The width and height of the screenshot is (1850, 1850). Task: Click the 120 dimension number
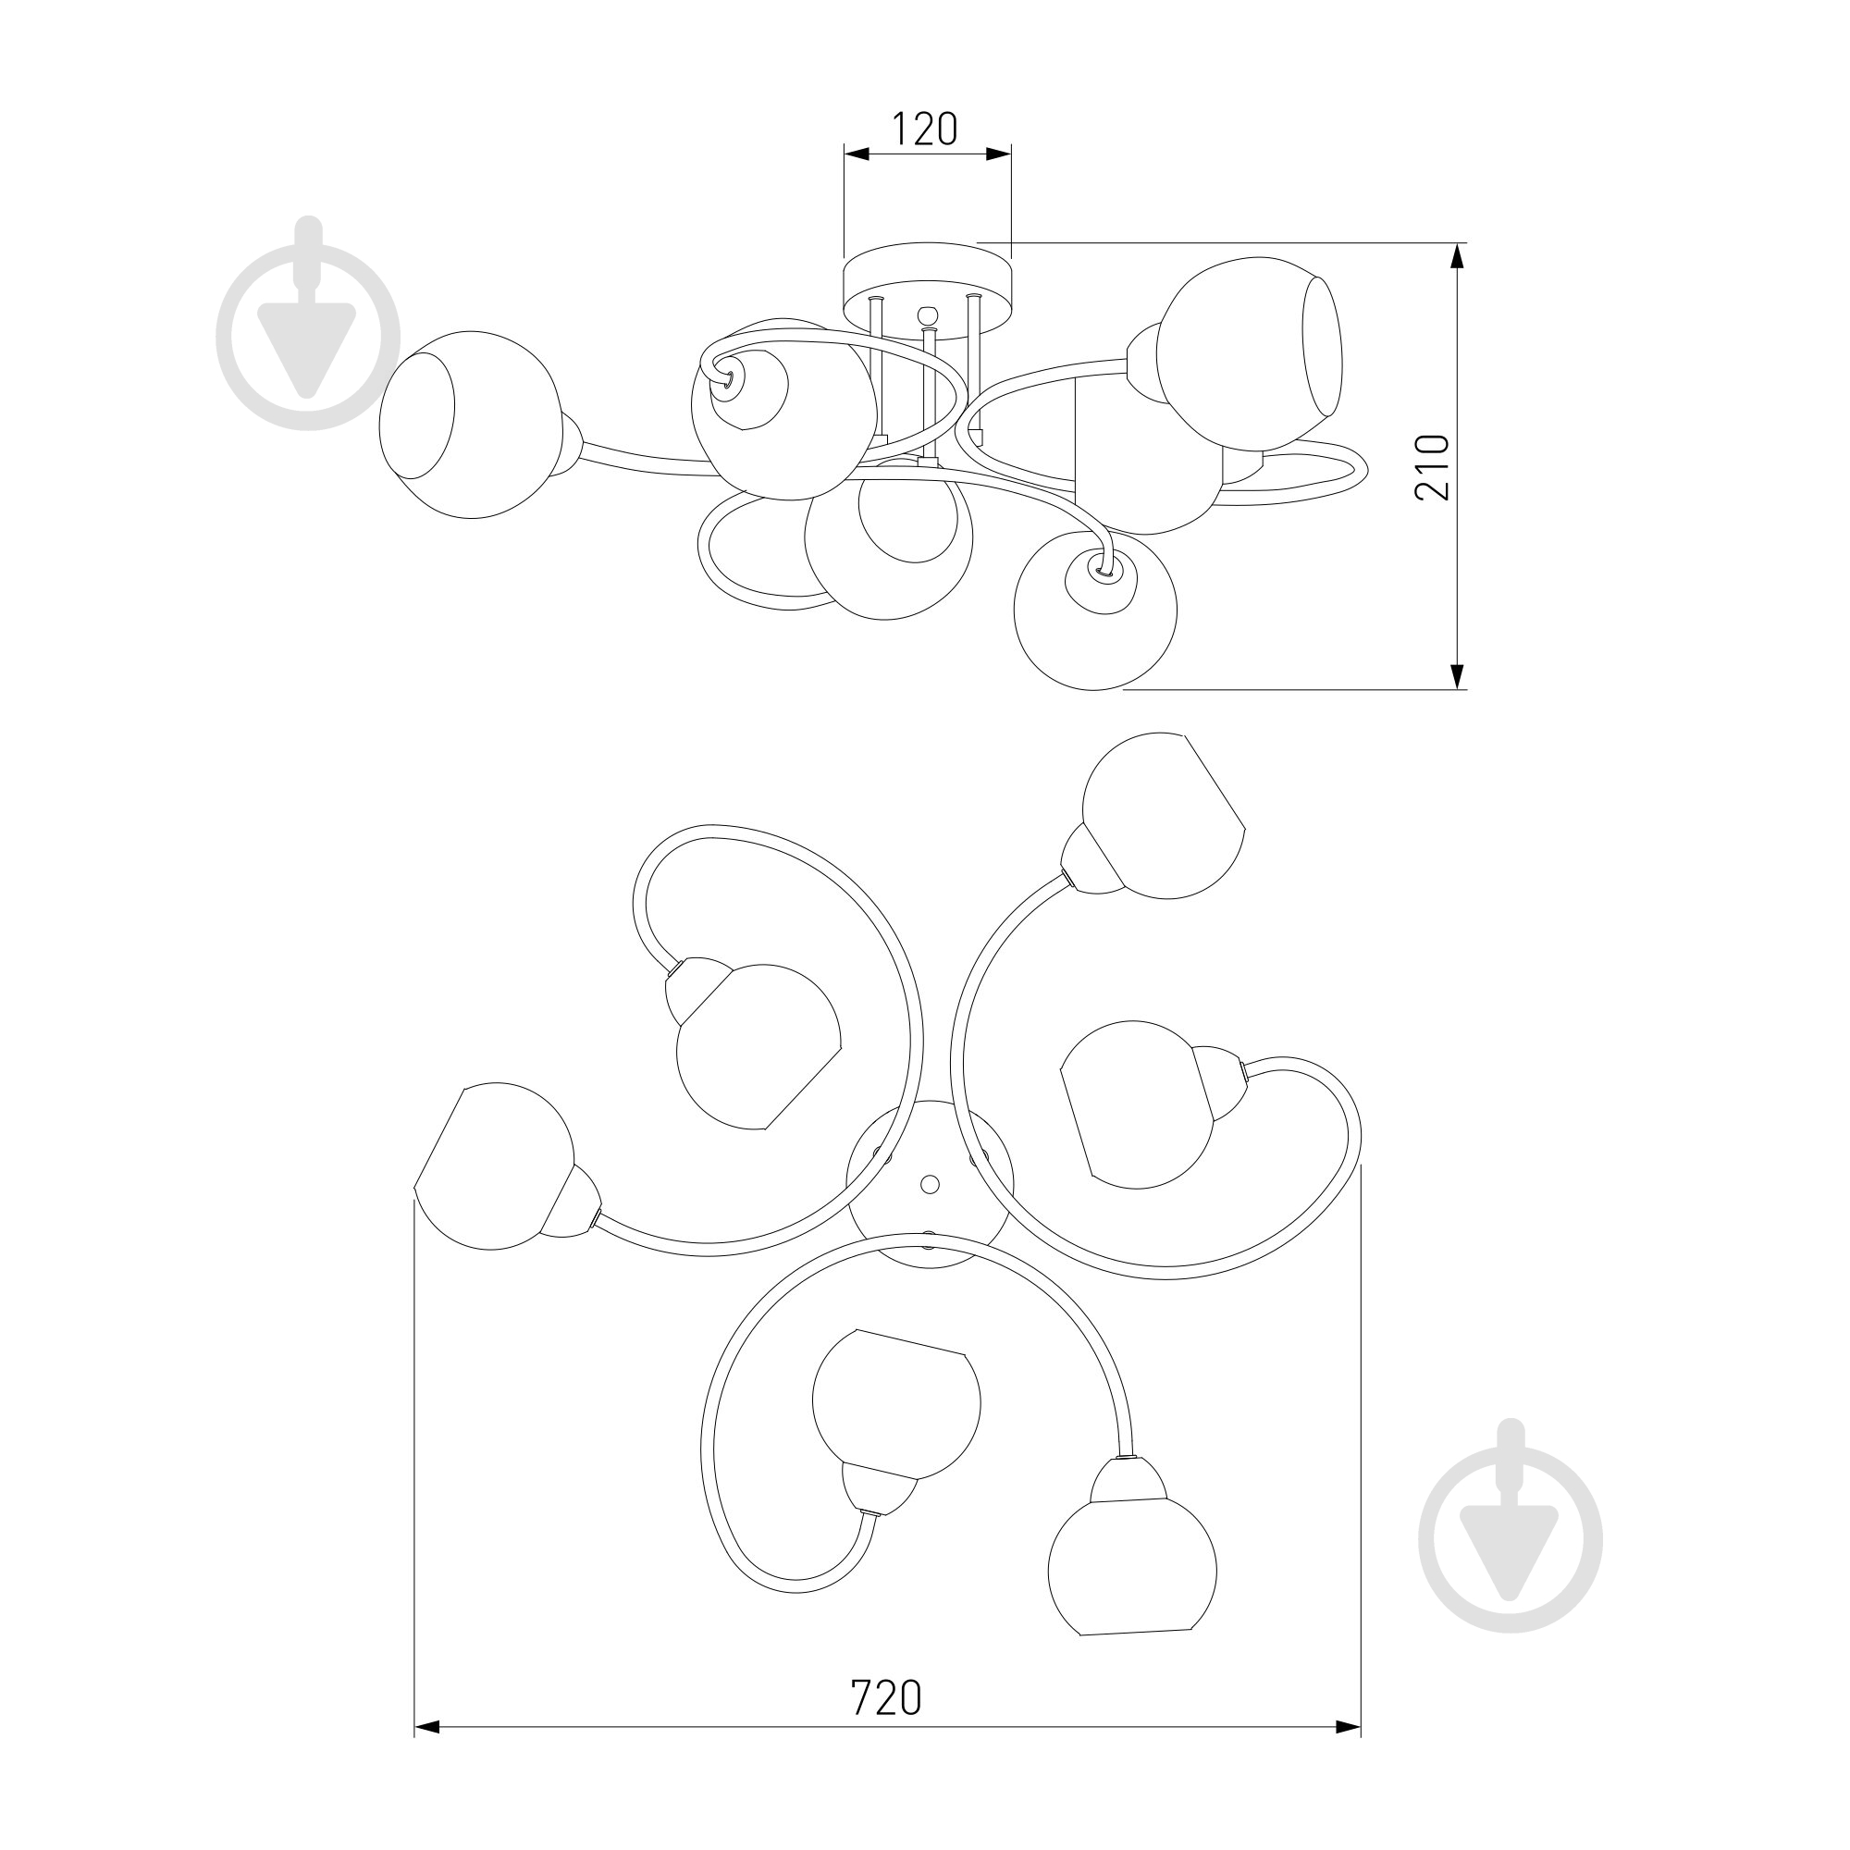925,129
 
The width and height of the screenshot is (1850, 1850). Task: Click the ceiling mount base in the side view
927,283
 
